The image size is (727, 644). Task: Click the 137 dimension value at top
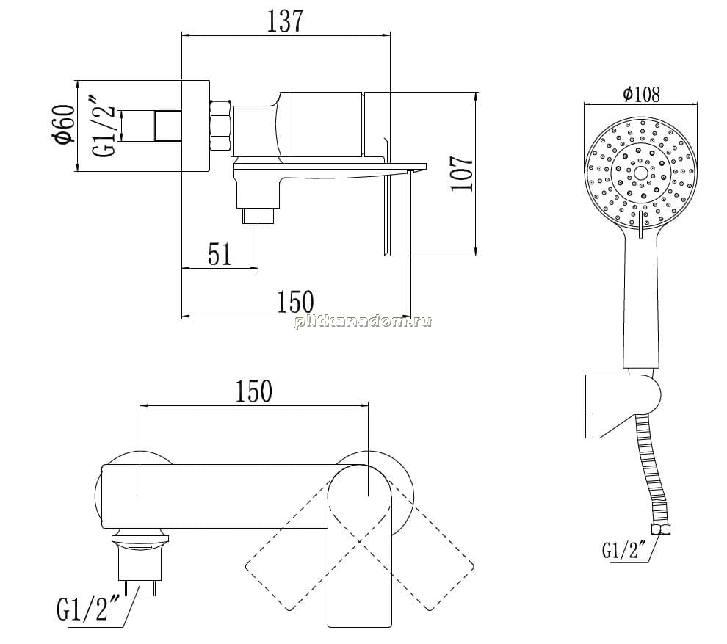(285, 21)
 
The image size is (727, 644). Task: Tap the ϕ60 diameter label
(65, 124)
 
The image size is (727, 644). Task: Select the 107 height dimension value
(462, 173)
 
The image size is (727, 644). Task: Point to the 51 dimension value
(220, 254)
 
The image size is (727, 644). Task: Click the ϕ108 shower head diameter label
(642, 94)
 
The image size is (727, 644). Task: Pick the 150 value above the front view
(253, 391)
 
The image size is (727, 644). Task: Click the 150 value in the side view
(295, 302)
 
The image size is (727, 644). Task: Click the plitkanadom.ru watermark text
(363, 322)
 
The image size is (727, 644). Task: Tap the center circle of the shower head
(641, 173)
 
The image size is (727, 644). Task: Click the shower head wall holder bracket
(621, 405)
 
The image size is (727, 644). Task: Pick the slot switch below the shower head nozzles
(640, 225)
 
